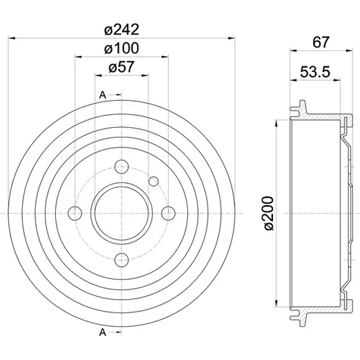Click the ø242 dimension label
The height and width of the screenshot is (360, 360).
122,30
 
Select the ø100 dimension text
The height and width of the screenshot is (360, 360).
122,48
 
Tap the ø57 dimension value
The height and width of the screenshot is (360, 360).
121,67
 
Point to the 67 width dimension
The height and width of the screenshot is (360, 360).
321,42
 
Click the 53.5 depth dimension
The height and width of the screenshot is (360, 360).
315,72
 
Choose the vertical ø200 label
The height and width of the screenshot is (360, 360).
269,213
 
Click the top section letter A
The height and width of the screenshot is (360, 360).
102,95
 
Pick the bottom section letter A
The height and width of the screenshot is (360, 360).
102,332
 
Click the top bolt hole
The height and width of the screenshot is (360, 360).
122,167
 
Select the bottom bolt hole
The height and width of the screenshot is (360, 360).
122,260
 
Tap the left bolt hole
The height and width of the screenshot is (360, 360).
75,214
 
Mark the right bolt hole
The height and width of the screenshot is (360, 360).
169,214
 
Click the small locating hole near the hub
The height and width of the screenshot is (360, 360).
153,181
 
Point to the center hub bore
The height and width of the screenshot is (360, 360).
122,214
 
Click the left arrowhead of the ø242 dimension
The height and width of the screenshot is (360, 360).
12,38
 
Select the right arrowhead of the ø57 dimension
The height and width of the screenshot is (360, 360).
145,75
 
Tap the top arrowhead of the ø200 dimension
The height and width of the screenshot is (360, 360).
276,124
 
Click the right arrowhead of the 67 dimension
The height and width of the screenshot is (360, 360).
349,50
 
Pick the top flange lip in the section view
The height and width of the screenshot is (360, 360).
299,108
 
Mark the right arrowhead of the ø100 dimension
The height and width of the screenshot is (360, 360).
165,57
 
